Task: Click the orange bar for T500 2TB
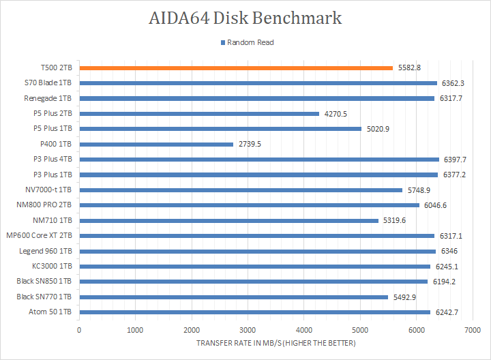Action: click(236, 68)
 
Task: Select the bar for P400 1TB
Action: click(156, 144)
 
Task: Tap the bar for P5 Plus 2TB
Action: click(199, 114)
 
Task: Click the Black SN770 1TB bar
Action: click(233, 297)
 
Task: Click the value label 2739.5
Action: click(250, 144)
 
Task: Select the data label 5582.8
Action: click(409, 68)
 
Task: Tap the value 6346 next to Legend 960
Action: click(449, 251)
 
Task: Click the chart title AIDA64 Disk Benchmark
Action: click(245, 18)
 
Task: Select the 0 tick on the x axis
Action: click(80, 329)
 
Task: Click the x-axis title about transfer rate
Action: click(276, 342)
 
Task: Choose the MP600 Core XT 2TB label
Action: click(40, 235)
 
